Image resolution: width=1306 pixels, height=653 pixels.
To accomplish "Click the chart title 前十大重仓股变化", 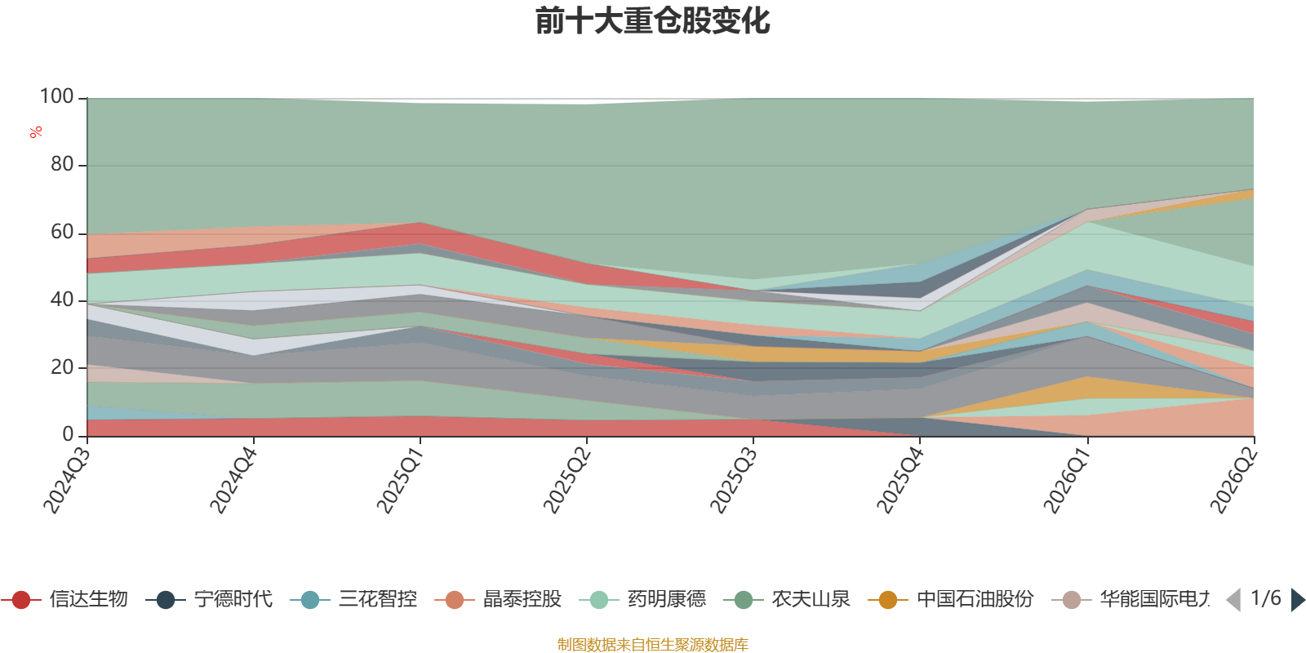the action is tap(652, 21).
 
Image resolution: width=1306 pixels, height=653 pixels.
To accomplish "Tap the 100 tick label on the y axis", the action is tap(56, 96).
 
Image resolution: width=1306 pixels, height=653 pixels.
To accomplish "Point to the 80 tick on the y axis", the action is tap(62, 164).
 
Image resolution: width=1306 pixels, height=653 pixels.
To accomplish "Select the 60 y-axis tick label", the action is tap(62, 232).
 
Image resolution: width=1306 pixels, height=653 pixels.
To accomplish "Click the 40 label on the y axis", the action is tap(62, 300).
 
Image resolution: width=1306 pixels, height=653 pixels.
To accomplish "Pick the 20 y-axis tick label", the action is tap(62, 367).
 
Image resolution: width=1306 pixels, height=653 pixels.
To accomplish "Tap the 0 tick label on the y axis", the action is tap(69, 434).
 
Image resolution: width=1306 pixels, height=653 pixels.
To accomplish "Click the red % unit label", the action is tap(36, 132).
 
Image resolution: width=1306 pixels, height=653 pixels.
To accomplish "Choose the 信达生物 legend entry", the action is tap(64, 599).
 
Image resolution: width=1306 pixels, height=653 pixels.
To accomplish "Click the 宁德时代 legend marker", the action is tap(166, 599).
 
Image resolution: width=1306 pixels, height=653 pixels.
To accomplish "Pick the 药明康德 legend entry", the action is tap(643, 599).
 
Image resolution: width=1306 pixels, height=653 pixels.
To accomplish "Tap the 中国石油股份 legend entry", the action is tap(951, 599).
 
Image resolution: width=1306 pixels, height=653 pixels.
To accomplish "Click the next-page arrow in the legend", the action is tap(1298, 599).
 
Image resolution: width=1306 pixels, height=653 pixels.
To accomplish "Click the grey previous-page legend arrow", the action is tap(1233, 599).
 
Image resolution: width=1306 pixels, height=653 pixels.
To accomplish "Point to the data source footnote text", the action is tap(652, 644).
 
